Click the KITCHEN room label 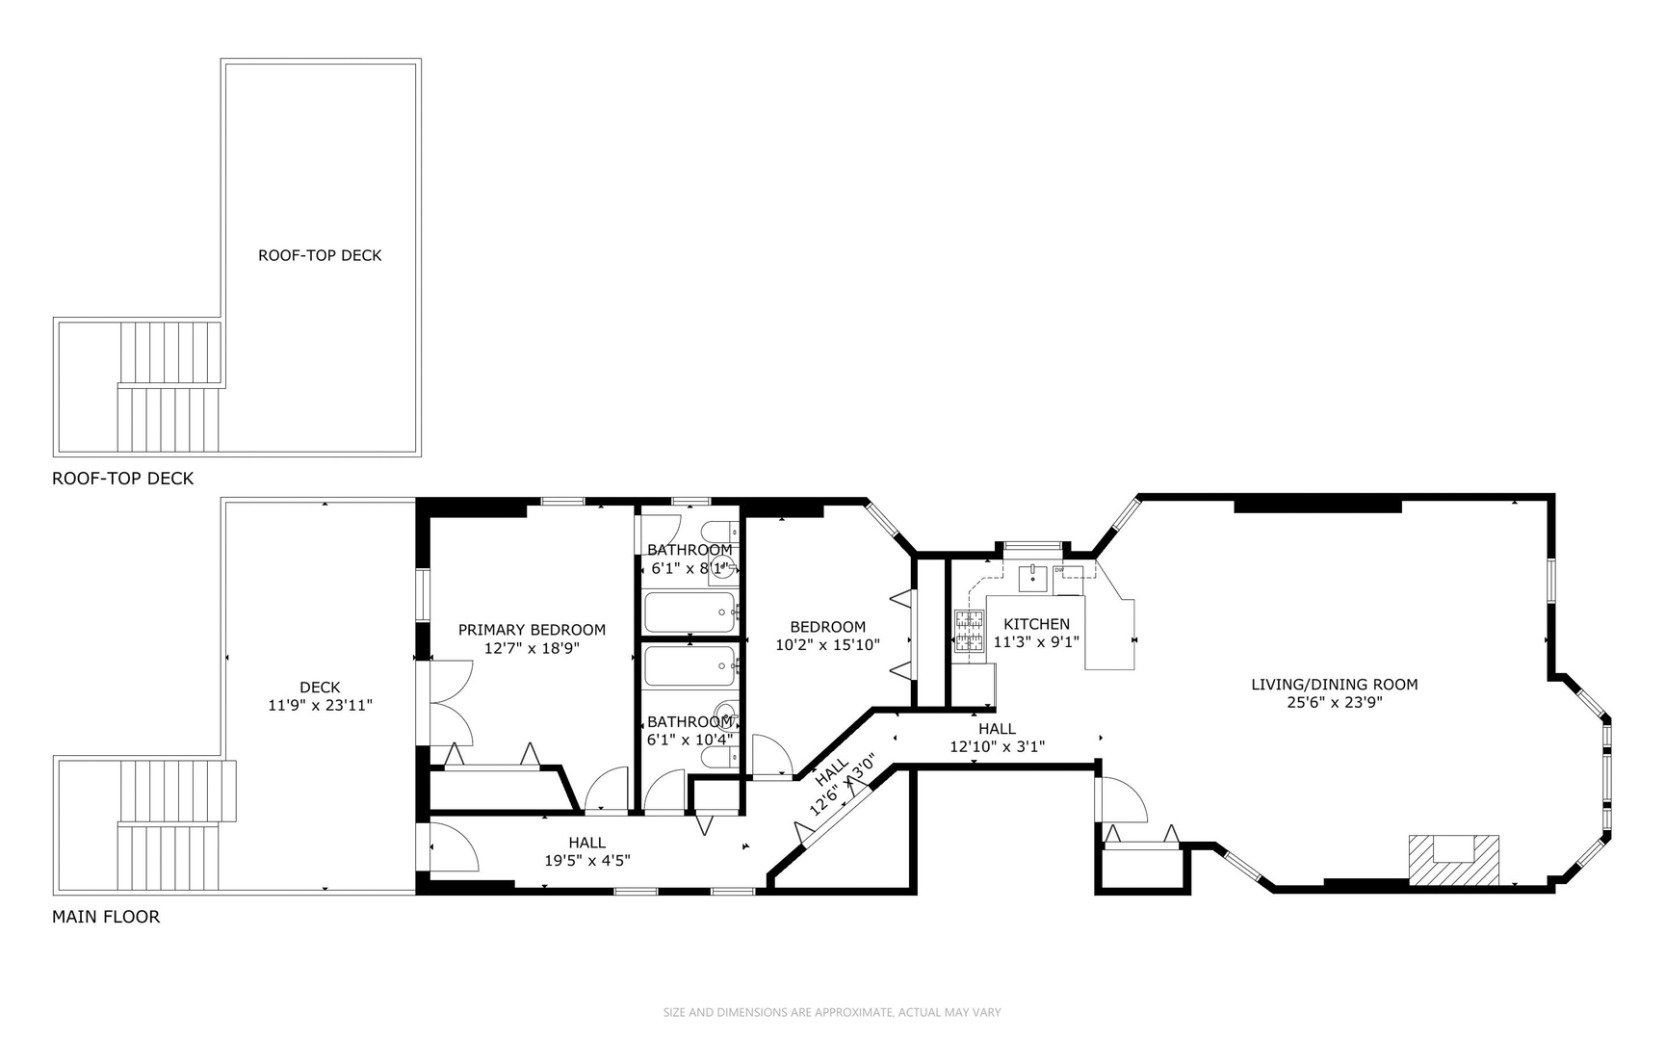point(1036,624)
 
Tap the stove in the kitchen point(970,632)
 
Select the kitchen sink point(1033,579)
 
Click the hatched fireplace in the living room point(1454,859)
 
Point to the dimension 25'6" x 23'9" point(1334,703)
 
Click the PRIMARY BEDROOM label point(532,630)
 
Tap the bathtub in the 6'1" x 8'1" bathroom point(689,612)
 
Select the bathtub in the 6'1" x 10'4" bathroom point(689,665)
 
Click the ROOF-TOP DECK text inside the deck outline point(320,255)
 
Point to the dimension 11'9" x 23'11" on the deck point(320,705)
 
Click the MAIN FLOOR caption point(106,917)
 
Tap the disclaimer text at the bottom point(832,1012)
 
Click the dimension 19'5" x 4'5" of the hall point(586,861)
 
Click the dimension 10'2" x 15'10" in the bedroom point(827,644)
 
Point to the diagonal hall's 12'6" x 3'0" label point(842,786)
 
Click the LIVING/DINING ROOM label point(1334,685)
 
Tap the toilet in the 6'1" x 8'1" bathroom point(717,532)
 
